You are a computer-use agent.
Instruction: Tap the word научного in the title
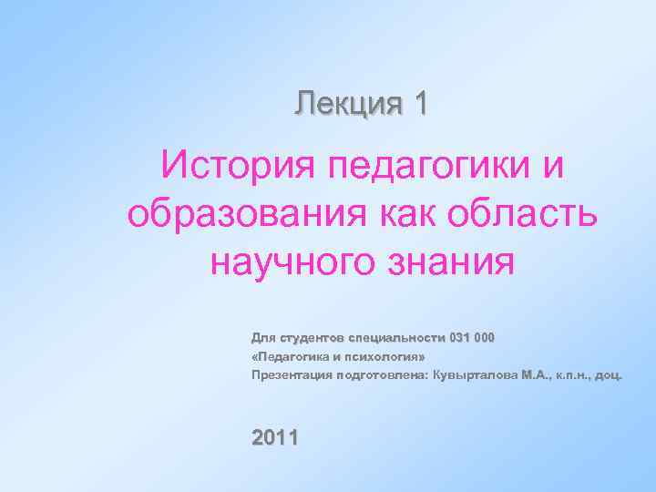pyautogui.click(x=293, y=264)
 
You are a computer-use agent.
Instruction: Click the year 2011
pyautogui.click(x=274, y=437)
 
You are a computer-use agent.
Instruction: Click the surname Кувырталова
pyautogui.click(x=469, y=374)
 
